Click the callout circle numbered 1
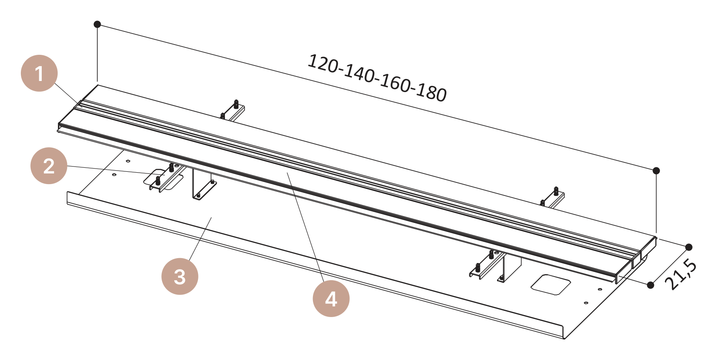(x=39, y=73)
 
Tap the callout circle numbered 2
(x=49, y=166)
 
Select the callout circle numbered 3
(x=180, y=276)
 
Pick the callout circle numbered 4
(x=331, y=299)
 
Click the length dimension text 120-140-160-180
(x=377, y=78)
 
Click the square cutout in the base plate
(x=551, y=284)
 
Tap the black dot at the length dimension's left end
(x=97, y=24)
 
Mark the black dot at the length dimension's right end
(x=656, y=171)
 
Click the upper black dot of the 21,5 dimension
(x=689, y=247)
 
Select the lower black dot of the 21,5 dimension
(x=651, y=285)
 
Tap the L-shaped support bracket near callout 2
(x=204, y=184)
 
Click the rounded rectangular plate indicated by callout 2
(x=163, y=179)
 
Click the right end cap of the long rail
(x=636, y=260)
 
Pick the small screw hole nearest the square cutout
(x=600, y=290)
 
